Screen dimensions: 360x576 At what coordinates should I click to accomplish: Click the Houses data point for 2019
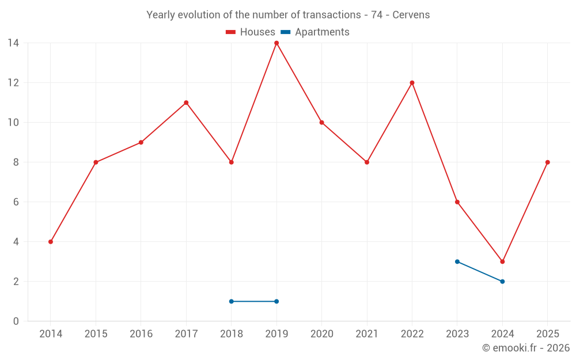tap(276, 43)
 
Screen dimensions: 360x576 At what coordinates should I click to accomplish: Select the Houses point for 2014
tap(51, 242)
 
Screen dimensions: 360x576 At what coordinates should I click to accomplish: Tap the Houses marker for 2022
tap(412, 82)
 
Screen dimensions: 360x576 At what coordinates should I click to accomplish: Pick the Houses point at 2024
tap(502, 262)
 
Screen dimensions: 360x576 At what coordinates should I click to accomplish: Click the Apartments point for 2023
tap(457, 262)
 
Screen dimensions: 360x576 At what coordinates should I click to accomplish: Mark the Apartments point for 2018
tap(232, 301)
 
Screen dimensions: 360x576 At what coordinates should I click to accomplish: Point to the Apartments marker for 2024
tap(502, 282)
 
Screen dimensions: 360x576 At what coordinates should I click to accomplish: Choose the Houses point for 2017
tap(186, 103)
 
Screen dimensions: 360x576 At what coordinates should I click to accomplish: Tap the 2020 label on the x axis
tap(321, 334)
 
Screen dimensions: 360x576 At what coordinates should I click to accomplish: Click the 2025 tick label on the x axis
tap(547, 334)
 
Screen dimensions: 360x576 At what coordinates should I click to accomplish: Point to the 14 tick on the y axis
tap(13, 43)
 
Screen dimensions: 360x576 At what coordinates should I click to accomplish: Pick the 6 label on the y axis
tap(16, 202)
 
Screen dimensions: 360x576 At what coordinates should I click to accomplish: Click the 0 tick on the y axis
tap(16, 321)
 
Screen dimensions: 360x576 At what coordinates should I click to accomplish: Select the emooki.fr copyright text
tap(525, 348)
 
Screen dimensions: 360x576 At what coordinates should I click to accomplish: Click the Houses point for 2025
tap(547, 162)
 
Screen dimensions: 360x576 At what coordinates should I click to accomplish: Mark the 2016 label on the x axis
tap(141, 334)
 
